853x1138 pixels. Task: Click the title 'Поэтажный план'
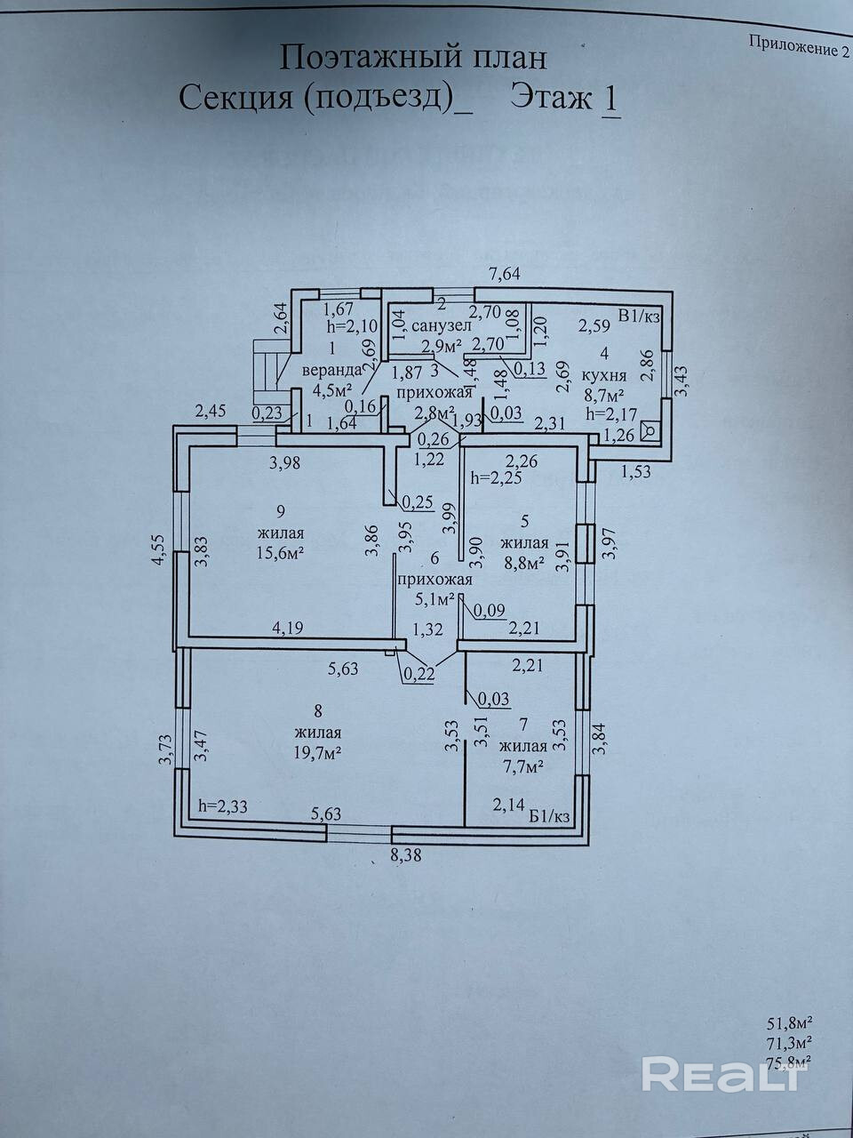point(413,58)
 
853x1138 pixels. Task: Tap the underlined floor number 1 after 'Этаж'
point(610,98)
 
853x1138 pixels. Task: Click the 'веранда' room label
point(331,369)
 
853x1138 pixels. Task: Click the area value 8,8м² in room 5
point(522,563)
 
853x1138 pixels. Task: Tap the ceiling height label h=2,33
point(224,806)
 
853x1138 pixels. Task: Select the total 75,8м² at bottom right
point(789,1061)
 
